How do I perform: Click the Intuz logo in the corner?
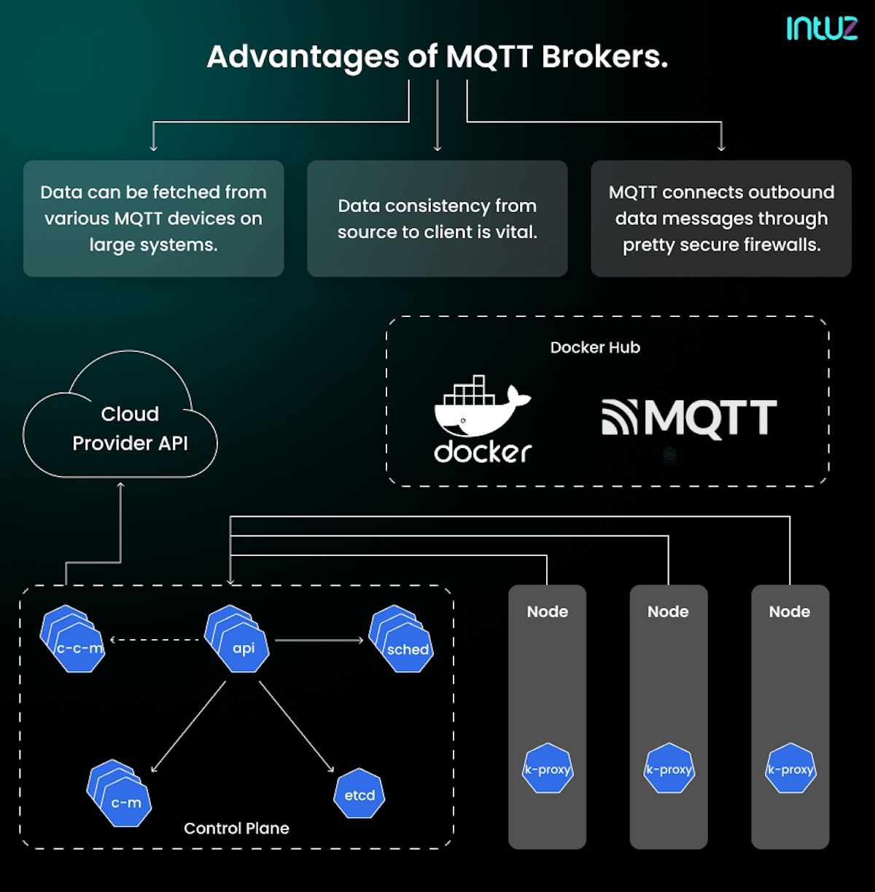pos(822,28)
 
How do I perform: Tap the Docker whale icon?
pos(482,408)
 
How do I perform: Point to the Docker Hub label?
pos(595,348)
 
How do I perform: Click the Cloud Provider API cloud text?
pos(130,429)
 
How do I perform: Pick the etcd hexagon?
pos(359,794)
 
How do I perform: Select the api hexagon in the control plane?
pos(243,647)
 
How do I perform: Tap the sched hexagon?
pos(407,648)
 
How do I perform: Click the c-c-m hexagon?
pos(79,647)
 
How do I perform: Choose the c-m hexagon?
pos(125,802)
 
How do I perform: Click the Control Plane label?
pos(236,829)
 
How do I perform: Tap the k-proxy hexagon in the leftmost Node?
pos(548,769)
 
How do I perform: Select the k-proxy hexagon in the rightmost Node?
pos(790,769)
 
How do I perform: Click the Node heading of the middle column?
pos(668,611)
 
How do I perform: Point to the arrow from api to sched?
pos(319,641)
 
